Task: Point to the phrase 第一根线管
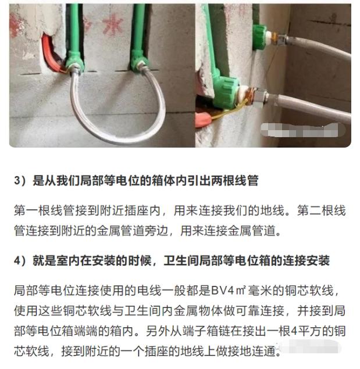point(40,208)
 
